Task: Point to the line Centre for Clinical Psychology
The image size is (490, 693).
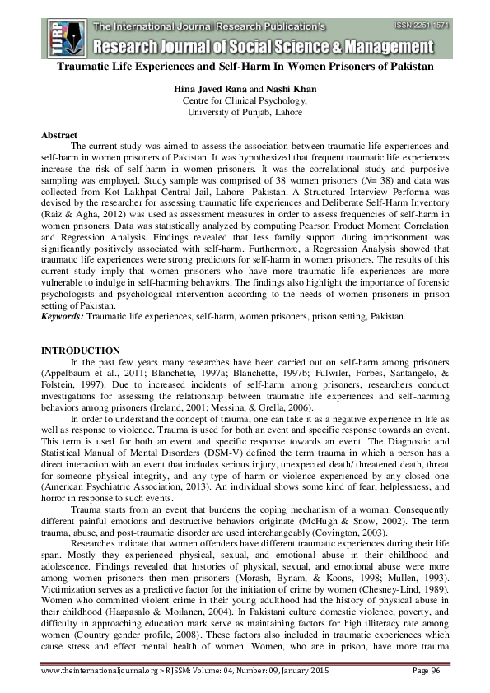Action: (x=245, y=100)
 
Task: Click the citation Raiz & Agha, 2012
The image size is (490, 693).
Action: (x=78, y=213)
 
